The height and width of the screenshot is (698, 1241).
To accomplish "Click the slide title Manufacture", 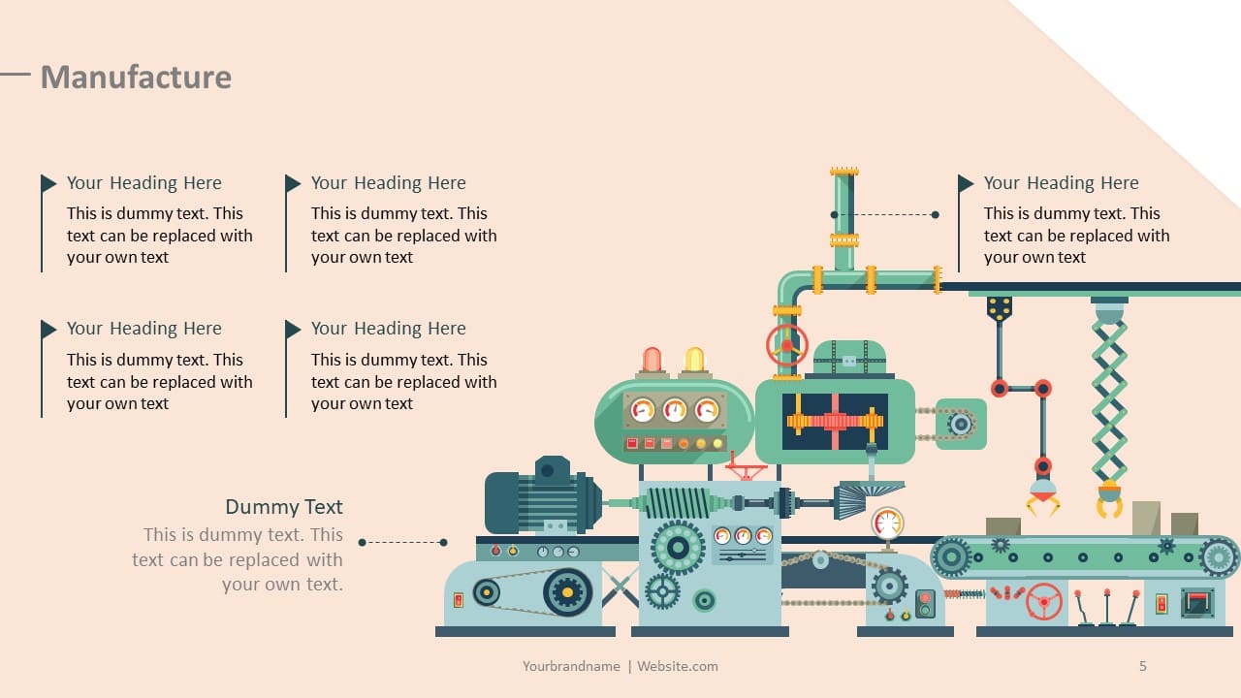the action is click(137, 77).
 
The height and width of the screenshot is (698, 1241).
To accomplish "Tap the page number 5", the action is click(1142, 666).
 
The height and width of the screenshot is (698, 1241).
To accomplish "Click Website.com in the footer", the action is click(677, 666).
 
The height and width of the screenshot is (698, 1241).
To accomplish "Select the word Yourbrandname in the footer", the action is click(571, 666).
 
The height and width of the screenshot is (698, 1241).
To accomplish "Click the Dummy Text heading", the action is click(284, 507).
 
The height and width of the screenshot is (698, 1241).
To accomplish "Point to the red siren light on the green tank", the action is click(652, 360).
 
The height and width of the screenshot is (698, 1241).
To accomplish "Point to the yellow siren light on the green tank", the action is click(694, 360).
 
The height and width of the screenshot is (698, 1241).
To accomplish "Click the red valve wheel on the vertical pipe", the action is click(786, 345).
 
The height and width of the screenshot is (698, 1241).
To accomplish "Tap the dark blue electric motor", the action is click(543, 494).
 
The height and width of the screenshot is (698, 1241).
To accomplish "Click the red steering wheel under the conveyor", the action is click(1044, 602).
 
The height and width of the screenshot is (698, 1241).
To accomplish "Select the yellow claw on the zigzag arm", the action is click(1109, 499).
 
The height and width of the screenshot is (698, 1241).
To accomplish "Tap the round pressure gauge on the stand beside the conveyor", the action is click(887, 523).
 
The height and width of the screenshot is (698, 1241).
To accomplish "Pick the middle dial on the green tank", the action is click(675, 410).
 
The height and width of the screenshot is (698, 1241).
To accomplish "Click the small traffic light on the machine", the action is click(925, 603).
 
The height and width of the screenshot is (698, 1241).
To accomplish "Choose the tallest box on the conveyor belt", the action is click(1146, 518).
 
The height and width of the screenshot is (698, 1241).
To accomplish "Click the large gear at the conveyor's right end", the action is click(1219, 557).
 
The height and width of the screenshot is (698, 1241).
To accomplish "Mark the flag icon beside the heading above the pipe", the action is click(966, 183).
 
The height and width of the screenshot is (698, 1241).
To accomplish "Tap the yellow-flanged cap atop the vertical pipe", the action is click(843, 172).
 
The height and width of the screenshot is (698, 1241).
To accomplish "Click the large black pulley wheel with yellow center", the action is click(567, 592).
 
